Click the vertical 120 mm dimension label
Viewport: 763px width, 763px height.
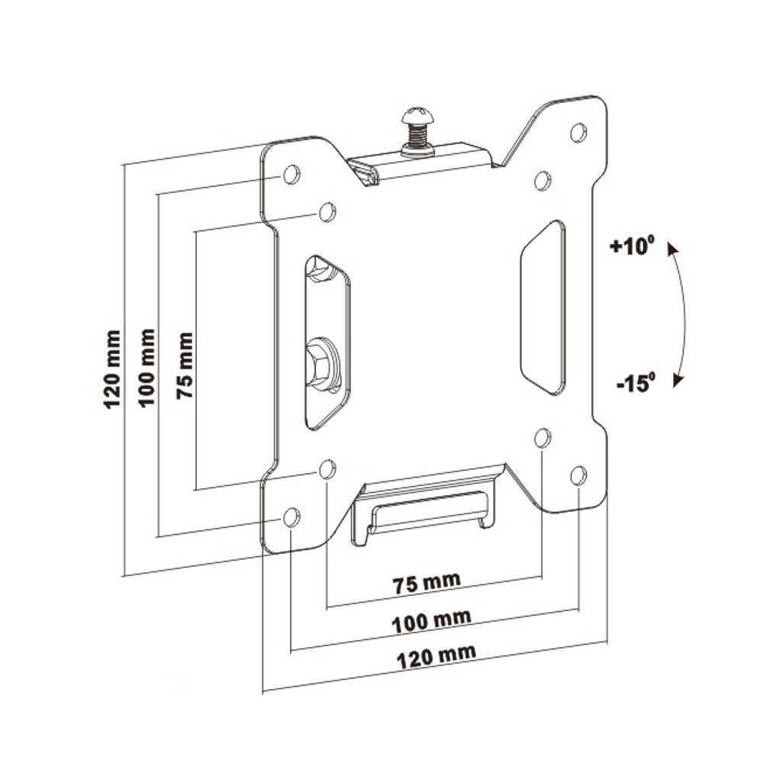point(112,369)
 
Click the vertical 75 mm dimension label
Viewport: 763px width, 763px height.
point(185,365)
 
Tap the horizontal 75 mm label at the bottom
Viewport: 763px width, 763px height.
point(427,582)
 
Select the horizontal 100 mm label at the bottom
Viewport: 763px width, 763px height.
point(432,621)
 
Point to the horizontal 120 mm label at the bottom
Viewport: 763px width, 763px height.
point(436,658)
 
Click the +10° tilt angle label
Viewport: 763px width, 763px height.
point(632,245)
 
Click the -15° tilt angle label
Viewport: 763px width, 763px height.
point(636,382)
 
